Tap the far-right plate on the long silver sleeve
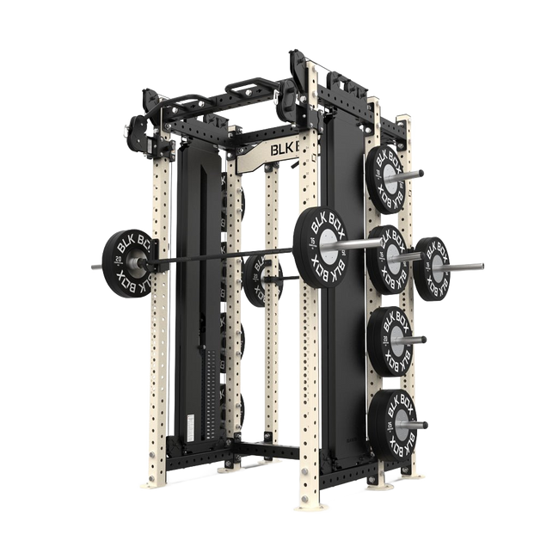tap(432, 267)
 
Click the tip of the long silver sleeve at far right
tap(482, 266)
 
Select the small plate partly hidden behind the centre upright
tap(255, 280)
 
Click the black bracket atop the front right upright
tap(301, 73)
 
